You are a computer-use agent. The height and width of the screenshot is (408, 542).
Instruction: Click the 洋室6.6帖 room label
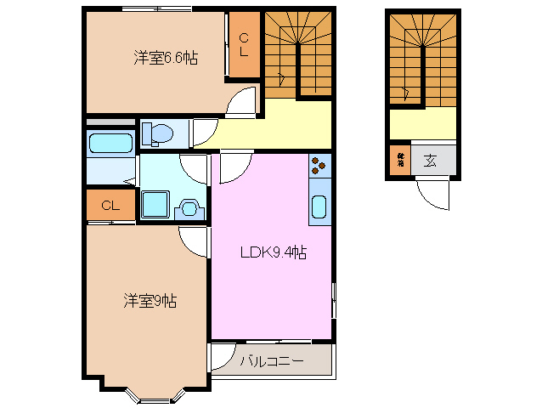[x=166, y=58]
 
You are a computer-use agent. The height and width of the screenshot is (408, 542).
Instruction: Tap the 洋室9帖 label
[x=150, y=300]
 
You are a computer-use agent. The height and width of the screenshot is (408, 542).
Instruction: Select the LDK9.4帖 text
[x=272, y=252]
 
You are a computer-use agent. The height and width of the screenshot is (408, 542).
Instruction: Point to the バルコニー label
[x=271, y=361]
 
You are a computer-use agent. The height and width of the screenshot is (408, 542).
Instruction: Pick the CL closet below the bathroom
[x=110, y=206]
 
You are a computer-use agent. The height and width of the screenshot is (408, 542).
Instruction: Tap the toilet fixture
[x=159, y=133]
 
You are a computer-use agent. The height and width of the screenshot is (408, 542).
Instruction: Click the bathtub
[x=110, y=142]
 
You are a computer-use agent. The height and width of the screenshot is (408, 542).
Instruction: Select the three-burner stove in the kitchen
[x=319, y=166]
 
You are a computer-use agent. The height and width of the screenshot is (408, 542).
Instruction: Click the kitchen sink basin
[x=319, y=207]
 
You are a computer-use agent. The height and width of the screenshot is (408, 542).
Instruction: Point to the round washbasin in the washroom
[x=189, y=208]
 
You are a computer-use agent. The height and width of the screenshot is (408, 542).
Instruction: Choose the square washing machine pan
[x=155, y=205]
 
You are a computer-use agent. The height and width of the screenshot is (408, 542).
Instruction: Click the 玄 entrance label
[x=430, y=160]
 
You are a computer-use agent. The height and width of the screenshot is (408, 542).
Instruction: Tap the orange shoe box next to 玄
[x=400, y=159]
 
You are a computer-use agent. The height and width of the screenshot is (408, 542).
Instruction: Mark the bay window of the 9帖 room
[x=150, y=392]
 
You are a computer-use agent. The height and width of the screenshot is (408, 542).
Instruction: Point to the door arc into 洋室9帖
[x=195, y=242]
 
